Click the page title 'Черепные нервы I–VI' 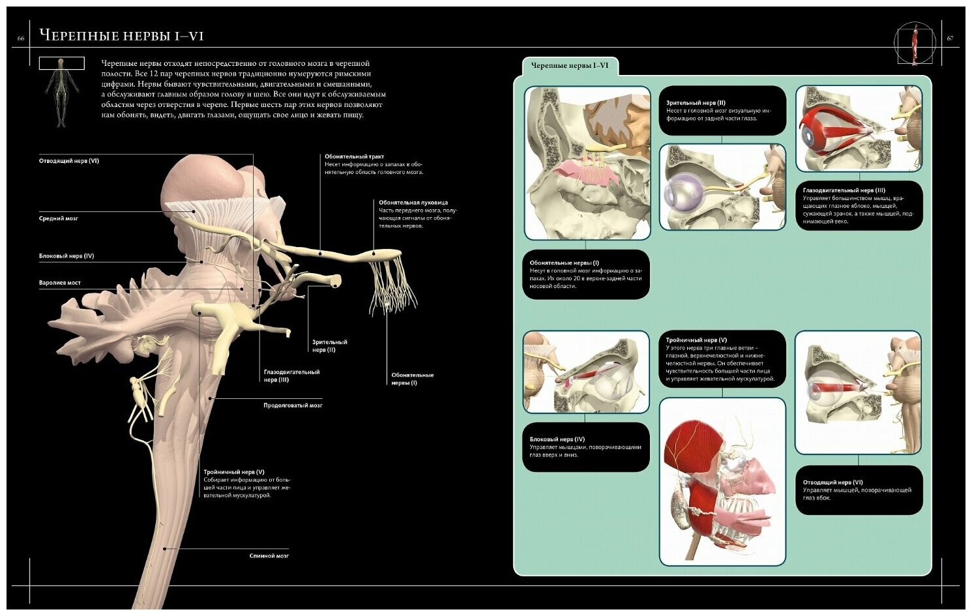click(121, 36)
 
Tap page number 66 click(21, 38)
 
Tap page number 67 click(950, 38)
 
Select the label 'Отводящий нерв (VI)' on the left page click(69, 161)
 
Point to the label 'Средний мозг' click(59, 219)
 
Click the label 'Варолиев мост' click(60, 283)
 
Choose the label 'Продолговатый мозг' click(293, 405)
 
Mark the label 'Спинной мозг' click(269, 556)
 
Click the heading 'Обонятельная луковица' click(413, 203)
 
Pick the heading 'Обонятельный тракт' click(355, 156)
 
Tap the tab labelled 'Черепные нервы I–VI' click(570, 66)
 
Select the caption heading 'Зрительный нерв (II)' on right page click(696, 103)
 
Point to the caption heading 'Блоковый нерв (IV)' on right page click(557, 439)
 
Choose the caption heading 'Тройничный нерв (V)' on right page click(696, 340)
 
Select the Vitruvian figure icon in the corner click(914, 44)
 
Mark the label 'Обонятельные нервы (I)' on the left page click(412, 379)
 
